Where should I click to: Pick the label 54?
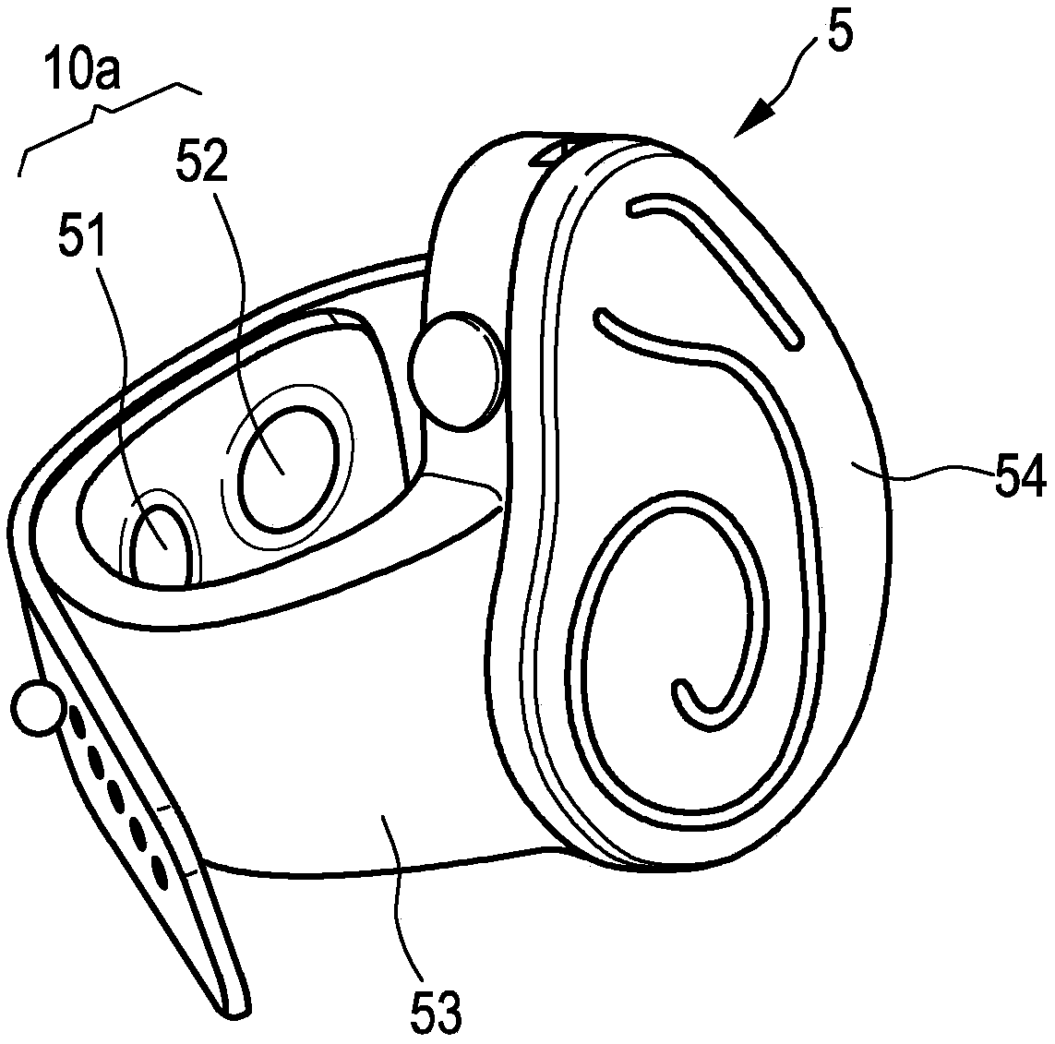1018,479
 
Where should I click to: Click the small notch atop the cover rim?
555,151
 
